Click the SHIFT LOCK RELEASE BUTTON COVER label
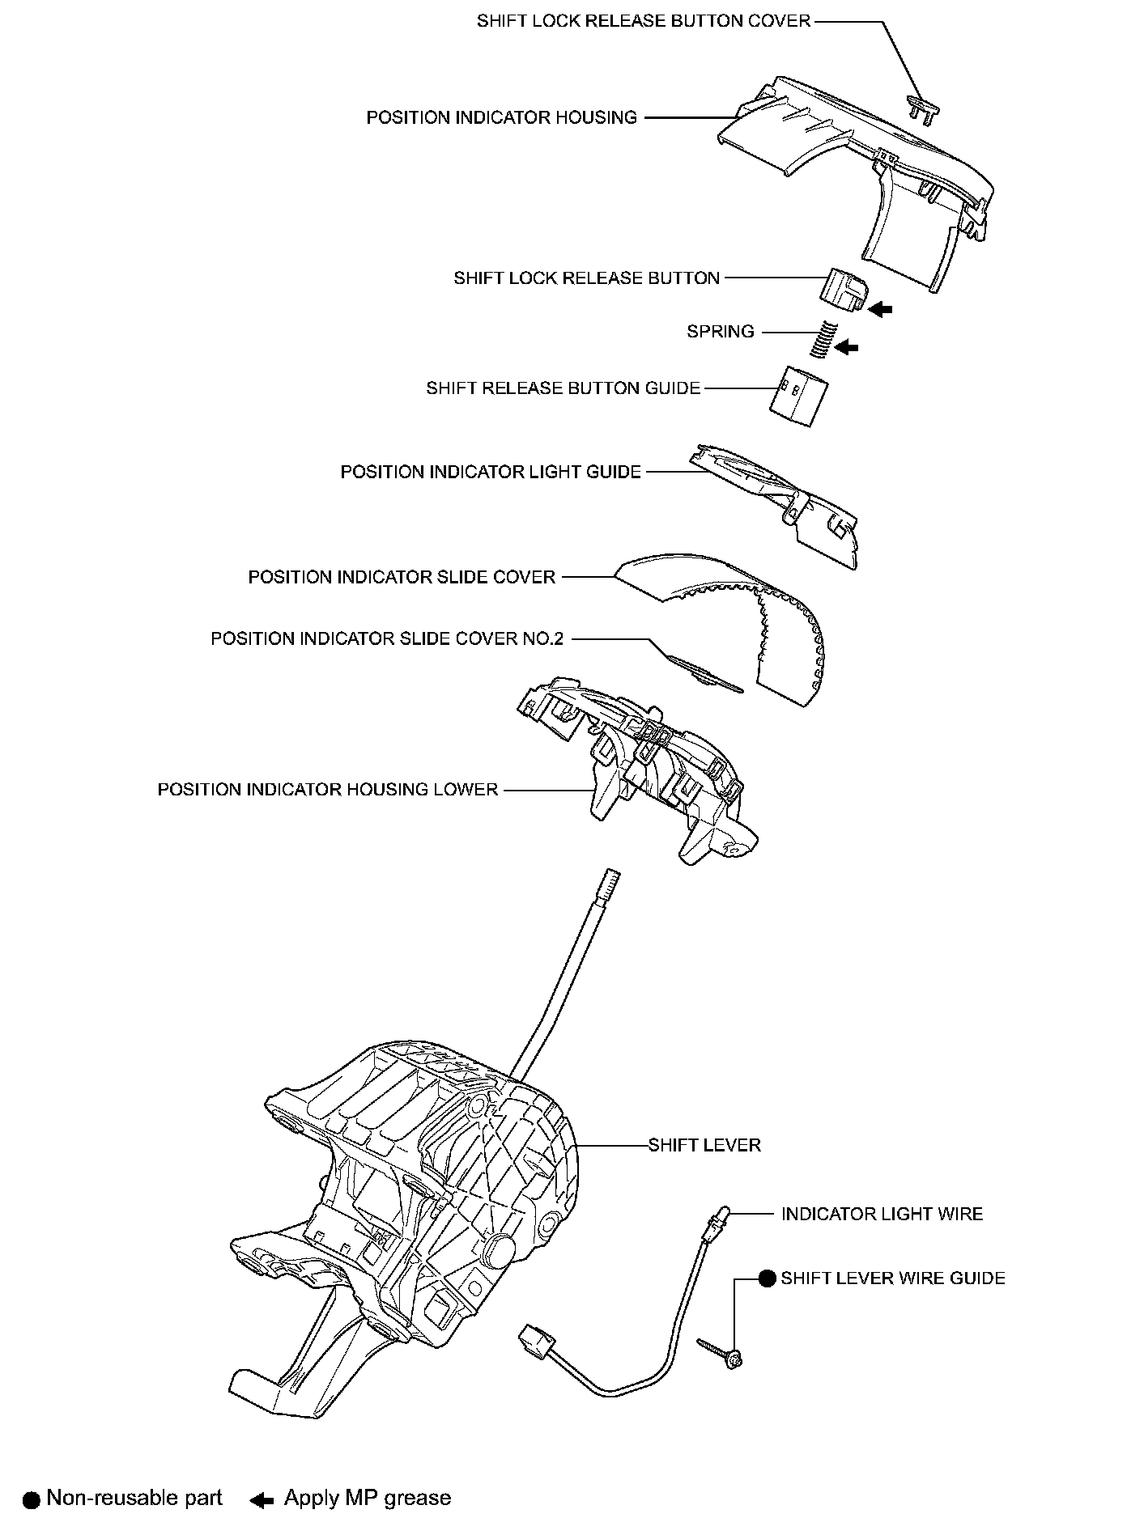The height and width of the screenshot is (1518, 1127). (x=643, y=21)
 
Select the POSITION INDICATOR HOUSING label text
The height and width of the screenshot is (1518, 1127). (x=501, y=118)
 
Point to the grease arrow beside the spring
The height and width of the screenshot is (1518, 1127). (x=846, y=347)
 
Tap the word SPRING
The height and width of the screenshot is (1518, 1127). (x=720, y=332)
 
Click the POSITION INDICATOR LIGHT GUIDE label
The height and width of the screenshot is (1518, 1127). (x=490, y=472)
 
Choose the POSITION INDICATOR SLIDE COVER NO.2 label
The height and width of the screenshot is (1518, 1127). (x=386, y=639)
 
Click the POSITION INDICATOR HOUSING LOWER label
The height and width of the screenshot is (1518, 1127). (x=327, y=790)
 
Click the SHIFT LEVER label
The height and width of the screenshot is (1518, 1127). (x=704, y=1146)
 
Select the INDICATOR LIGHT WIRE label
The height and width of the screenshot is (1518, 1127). (x=882, y=1214)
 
